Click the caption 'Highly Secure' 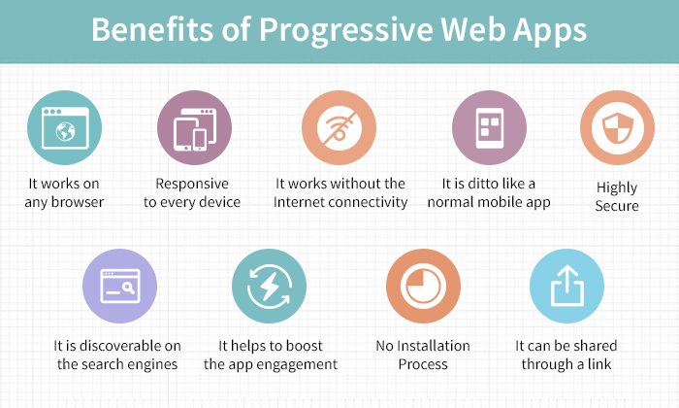coord(617,195)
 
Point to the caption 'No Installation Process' coord(423,355)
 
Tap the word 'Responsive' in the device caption coord(192,184)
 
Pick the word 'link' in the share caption coord(602,364)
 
